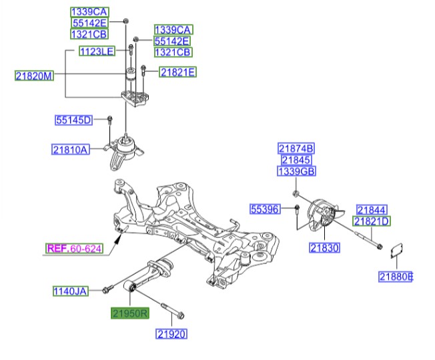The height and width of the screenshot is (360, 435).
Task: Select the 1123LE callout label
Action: click(x=97, y=51)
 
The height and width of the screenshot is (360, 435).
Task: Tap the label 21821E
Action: click(x=177, y=73)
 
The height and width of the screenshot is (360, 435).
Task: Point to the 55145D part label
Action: click(x=73, y=120)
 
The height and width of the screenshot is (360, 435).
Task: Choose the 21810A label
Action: click(x=71, y=149)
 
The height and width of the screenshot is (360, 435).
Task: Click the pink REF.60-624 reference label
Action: click(x=74, y=249)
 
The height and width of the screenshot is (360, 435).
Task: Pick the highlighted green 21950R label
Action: click(x=129, y=312)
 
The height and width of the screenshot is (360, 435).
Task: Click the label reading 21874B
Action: click(x=296, y=148)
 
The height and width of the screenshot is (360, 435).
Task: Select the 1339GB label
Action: click(x=296, y=172)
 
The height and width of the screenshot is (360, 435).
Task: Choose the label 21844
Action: click(x=371, y=209)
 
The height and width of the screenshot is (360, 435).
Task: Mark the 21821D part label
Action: click(x=372, y=221)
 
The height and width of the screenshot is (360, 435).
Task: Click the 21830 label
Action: click(x=325, y=247)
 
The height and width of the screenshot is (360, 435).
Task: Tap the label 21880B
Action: click(x=396, y=277)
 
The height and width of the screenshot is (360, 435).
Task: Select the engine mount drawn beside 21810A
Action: click(x=123, y=152)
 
